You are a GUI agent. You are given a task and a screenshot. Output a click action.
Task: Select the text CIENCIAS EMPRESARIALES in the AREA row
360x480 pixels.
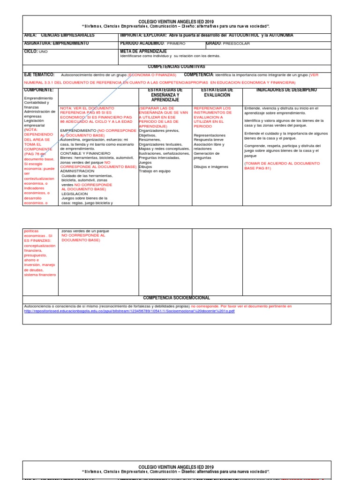click(67, 35)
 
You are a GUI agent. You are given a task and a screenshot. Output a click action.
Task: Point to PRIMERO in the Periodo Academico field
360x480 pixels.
click(176, 44)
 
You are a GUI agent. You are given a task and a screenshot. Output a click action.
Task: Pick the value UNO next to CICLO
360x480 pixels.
click(43, 52)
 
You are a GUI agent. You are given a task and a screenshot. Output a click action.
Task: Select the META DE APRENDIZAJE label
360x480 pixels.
click(143, 51)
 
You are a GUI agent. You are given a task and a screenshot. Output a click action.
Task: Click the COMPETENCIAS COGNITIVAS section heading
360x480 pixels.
click(176, 67)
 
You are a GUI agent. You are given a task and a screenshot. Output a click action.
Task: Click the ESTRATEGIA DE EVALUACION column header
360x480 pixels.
click(217, 92)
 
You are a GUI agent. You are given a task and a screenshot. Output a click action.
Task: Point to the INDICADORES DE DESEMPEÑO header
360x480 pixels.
click(286, 90)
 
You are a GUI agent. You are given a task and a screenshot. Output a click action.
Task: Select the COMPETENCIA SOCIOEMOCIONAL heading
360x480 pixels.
click(176, 298)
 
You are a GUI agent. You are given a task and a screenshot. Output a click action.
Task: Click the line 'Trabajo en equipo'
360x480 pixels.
click(154, 171)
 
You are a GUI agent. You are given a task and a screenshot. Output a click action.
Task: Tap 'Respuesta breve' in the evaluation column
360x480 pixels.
click(209, 140)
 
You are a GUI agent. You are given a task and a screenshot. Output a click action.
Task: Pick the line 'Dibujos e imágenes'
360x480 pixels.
click(210, 167)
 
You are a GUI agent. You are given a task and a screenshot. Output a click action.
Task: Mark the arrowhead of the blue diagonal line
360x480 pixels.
click(42, 150)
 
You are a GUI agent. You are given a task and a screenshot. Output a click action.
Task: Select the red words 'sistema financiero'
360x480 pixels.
click(40, 275)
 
